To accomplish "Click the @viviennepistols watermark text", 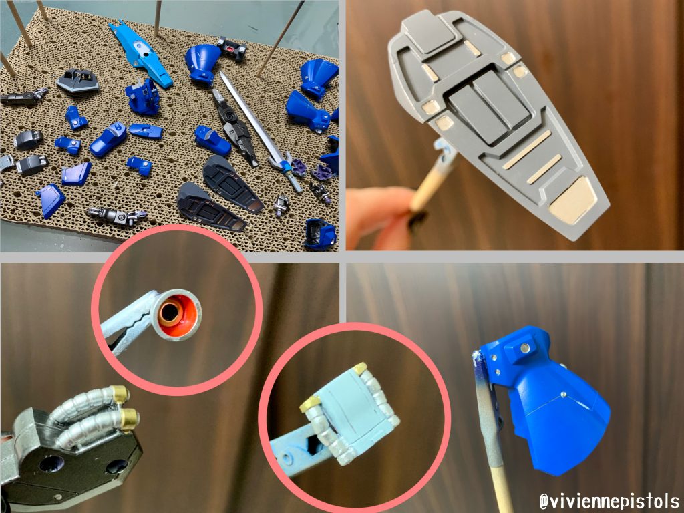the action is pos(609,501).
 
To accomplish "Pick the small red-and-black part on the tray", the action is pos(232,48).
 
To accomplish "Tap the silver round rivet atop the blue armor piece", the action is pos(525,347).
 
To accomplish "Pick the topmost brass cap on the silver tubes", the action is pos(119,393).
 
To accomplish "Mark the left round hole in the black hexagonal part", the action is pos(51,464).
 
